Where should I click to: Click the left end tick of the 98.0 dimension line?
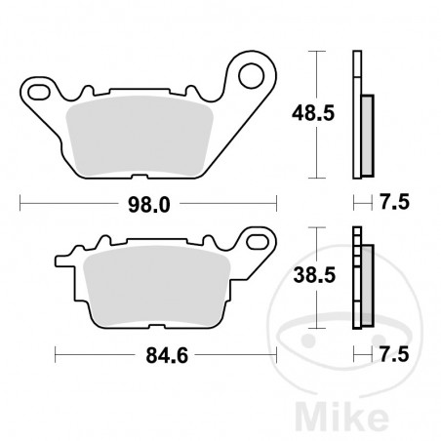21,204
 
